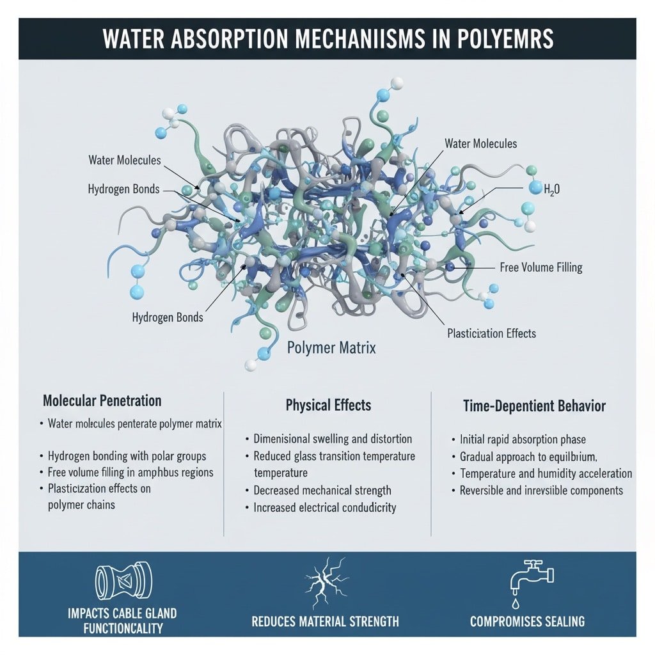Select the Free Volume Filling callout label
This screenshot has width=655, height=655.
[541, 267]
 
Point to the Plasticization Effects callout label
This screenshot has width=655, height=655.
[491, 333]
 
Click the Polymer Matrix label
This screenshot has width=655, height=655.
[331, 349]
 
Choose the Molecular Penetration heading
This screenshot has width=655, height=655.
[102, 401]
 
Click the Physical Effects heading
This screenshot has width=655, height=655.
[328, 406]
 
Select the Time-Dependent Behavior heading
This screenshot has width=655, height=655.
[533, 406]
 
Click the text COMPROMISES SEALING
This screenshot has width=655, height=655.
[527, 621]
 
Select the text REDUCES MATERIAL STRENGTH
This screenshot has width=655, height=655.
[325, 621]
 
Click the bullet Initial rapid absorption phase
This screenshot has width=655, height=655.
[523, 440]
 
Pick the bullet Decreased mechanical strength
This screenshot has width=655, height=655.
[322, 491]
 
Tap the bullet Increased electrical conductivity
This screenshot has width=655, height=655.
[325, 508]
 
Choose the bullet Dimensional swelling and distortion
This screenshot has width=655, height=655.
[333, 439]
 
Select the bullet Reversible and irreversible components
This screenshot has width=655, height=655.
[541, 491]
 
